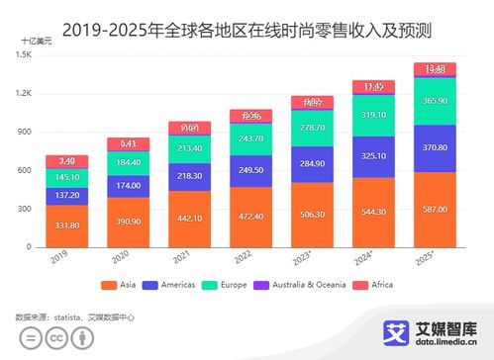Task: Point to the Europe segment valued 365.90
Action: point(435,101)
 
